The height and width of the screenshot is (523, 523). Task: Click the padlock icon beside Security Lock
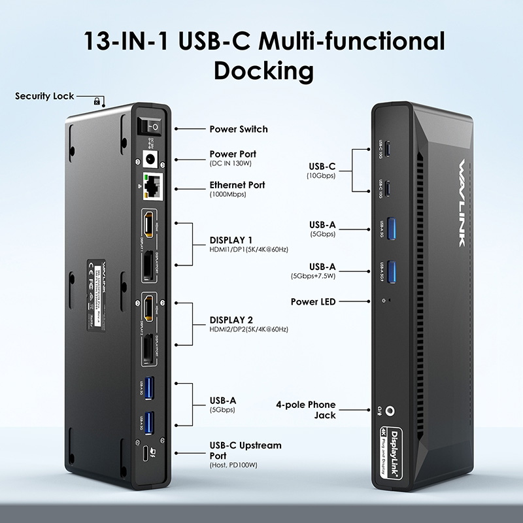[x=97, y=101]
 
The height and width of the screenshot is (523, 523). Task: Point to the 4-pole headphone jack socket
[x=391, y=411]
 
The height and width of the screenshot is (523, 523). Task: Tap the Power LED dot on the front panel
[x=390, y=301]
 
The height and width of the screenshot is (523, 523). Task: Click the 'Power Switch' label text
[x=239, y=129]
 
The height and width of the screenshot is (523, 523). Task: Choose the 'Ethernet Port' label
[x=237, y=185]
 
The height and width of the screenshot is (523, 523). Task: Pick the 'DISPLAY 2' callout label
[x=231, y=320]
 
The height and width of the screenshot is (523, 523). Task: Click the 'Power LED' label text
[x=313, y=301]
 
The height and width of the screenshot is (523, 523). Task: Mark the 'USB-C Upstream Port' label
[x=245, y=450]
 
